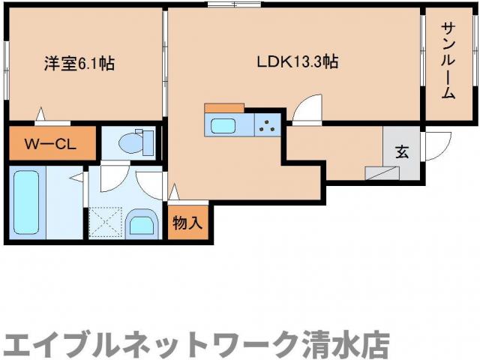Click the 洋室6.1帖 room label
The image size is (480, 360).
coord(78,64)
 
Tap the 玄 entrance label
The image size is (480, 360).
coord(402,151)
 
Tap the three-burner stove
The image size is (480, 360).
coord(266,125)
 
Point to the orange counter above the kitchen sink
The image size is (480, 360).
coord(223,108)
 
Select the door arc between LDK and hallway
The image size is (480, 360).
coord(307,110)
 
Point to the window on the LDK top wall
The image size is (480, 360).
coord(233,6)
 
